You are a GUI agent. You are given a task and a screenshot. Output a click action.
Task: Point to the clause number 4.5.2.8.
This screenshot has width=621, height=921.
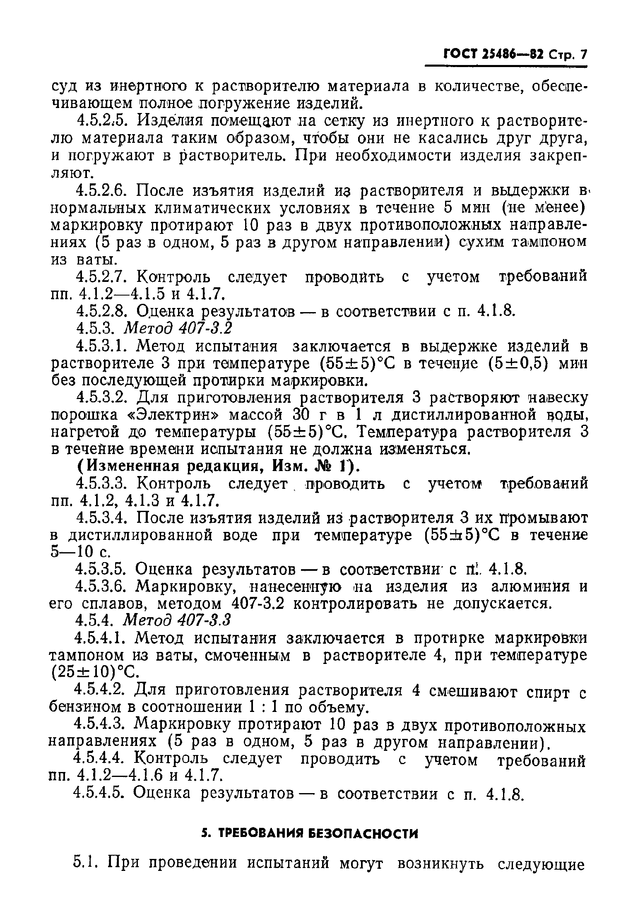[x=103, y=310]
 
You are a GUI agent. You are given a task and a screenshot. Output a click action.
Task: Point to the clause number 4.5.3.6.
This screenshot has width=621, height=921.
[x=103, y=587]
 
